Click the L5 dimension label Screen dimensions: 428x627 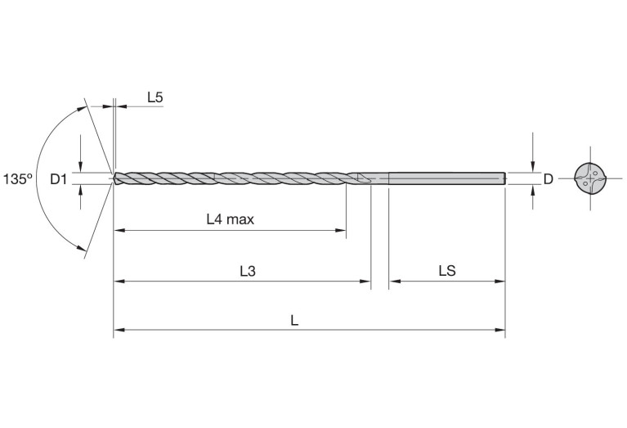coord(155,98)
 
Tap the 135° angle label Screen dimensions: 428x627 coord(17,178)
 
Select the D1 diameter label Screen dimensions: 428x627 coord(58,178)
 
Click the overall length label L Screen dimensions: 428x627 coord(295,320)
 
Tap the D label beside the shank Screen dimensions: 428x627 coord(549,178)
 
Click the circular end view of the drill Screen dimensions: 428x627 coord(591,178)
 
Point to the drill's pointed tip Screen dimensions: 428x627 coord(115,178)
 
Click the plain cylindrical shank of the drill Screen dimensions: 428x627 coord(446,178)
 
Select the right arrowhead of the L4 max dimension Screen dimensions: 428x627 coord(342,231)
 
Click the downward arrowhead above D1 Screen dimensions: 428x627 coord(81,166)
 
